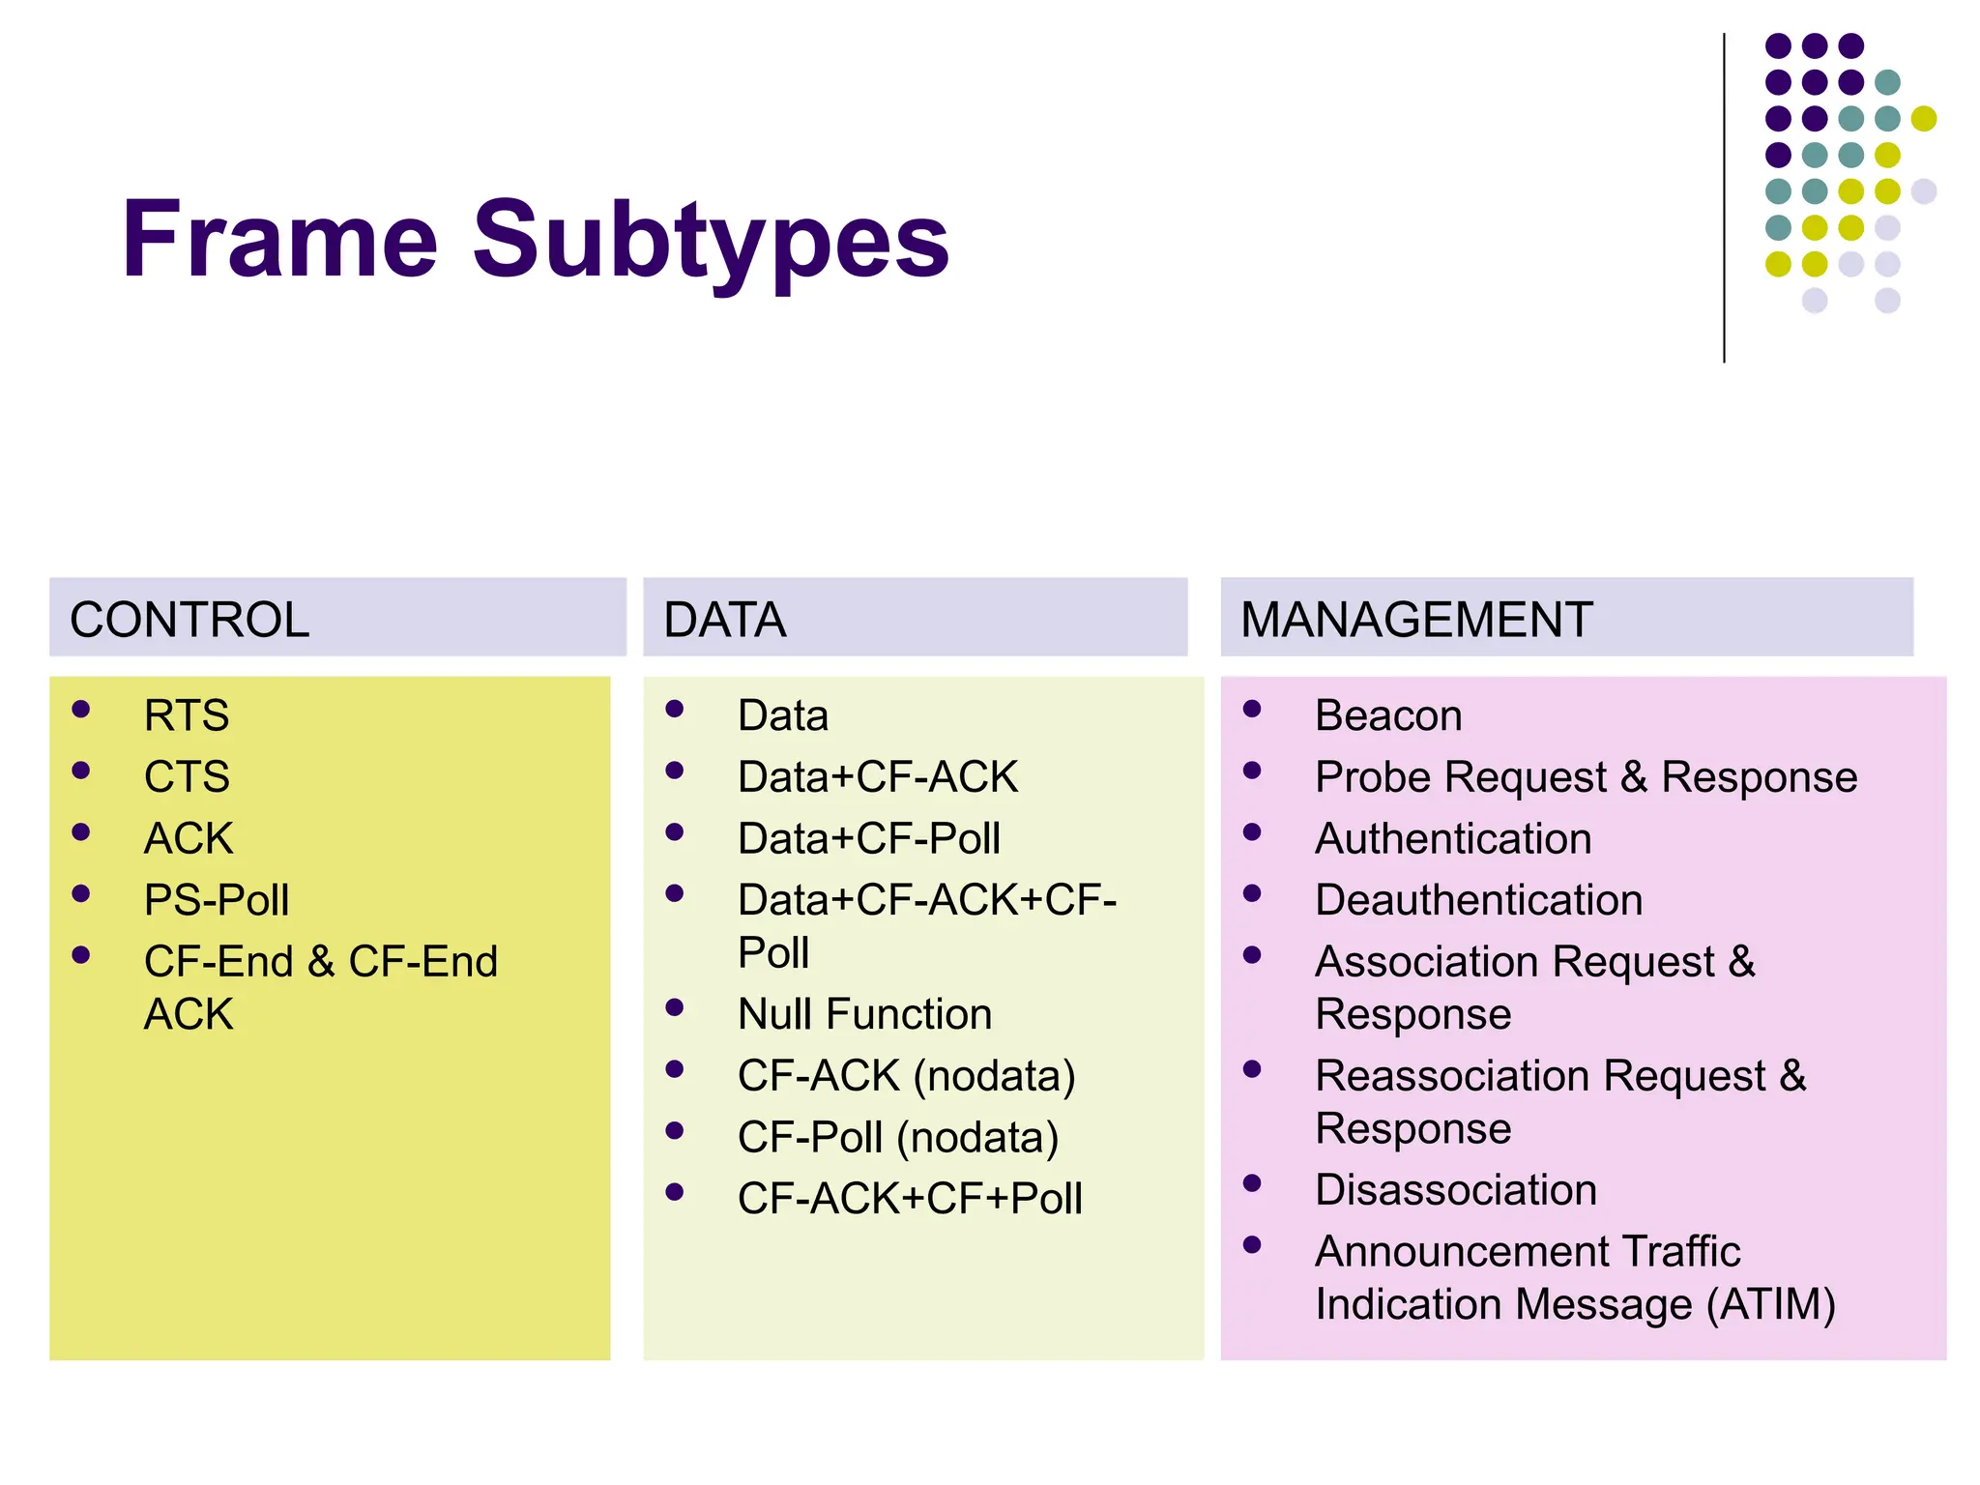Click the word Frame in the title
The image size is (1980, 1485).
pyautogui.click(x=279, y=239)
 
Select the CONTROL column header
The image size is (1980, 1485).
pyautogui.click(x=189, y=620)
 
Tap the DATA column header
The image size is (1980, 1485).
pyautogui.click(x=724, y=620)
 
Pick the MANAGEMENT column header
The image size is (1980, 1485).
pyautogui.click(x=1415, y=620)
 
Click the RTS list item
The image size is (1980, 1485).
pyautogui.click(x=187, y=716)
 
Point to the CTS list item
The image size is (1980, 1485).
pyautogui.click(x=187, y=777)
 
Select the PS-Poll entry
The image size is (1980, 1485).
pyautogui.click(x=217, y=900)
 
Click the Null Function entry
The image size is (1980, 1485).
pyautogui.click(x=864, y=1014)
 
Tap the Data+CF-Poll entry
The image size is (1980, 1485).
pyautogui.click(x=868, y=838)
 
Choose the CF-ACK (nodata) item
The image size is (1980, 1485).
pyautogui.click(x=906, y=1076)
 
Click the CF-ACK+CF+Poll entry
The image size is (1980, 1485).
pyautogui.click(x=909, y=1199)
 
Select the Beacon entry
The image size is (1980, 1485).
pyautogui.click(x=1388, y=716)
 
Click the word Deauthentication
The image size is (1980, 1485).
pyautogui.click(x=1478, y=900)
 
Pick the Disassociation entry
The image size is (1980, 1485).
pyautogui.click(x=1456, y=1190)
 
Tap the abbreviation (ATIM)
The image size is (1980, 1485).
pyautogui.click(x=1770, y=1304)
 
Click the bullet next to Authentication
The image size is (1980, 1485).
pyautogui.click(x=1252, y=832)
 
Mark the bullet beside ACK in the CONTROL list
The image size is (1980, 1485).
pyautogui.click(x=81, y=832)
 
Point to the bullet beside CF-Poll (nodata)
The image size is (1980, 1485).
pyautogui.click(x=675, y=1130)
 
